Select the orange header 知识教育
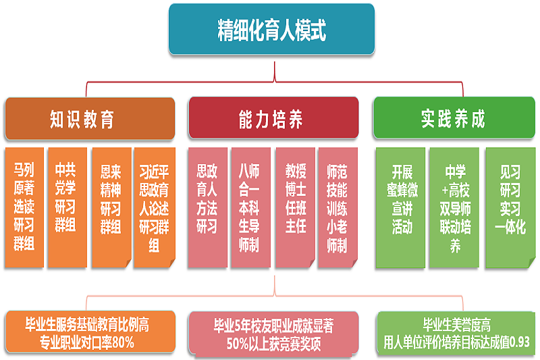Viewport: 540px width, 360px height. [89, 119]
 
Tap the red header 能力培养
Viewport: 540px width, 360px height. [273, 119]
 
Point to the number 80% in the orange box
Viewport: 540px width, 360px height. [123, 342]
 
